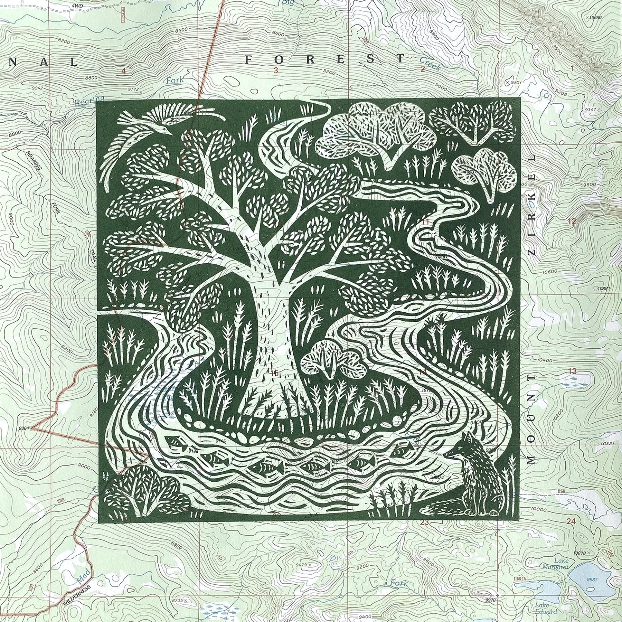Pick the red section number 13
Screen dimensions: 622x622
(x=572, y=371)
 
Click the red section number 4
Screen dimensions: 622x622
(x=124, y=71)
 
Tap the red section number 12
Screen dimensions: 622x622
(x=572, y=222)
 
